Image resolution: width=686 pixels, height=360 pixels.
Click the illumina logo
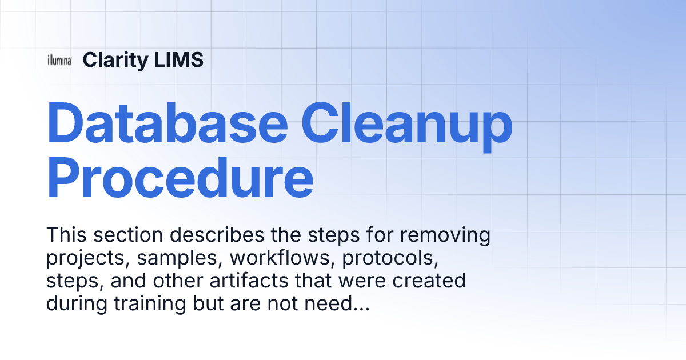point(59,60)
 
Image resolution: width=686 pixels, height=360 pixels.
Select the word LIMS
point(178,59)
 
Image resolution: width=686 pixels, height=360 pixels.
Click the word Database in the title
point(167,123)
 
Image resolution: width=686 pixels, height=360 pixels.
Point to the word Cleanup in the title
point(407,127)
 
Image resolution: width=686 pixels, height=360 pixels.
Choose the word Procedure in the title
point(180,178)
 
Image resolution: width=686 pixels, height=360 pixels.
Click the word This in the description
point(66,235)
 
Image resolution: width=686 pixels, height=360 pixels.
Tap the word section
point(128,235)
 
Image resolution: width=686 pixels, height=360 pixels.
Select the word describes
point(217,235)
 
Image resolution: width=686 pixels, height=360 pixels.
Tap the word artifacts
point(249,281)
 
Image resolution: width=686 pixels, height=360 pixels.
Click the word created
point(429,281)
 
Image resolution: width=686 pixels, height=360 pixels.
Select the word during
point(77,304)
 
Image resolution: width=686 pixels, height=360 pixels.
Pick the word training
point(150,304)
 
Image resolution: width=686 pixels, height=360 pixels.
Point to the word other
point(178,281)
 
